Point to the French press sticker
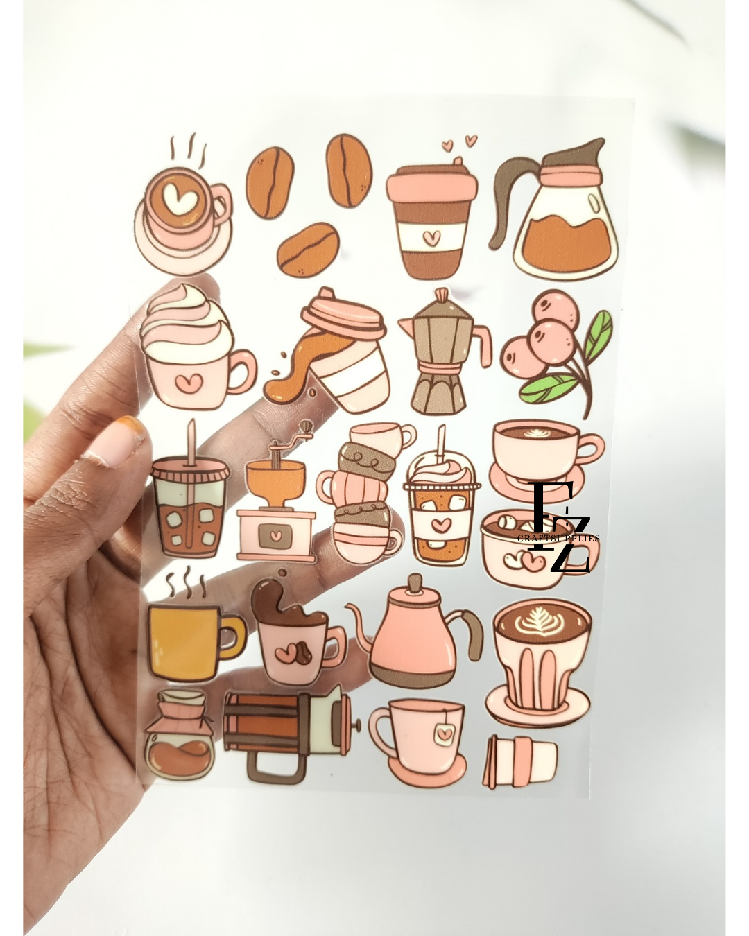pos(288,731)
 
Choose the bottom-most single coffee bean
pos(308,250)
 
